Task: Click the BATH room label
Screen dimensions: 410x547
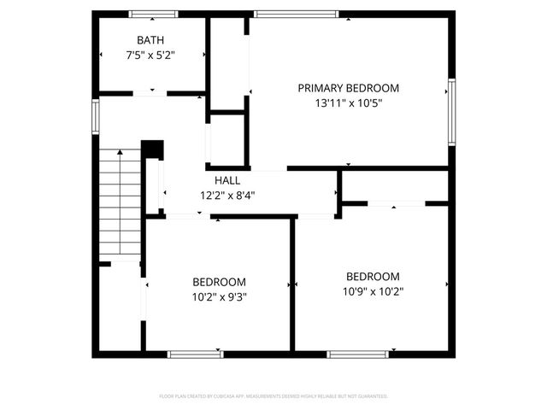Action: [x=150, y=40]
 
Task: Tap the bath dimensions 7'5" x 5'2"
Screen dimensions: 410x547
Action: [x=151, y=56]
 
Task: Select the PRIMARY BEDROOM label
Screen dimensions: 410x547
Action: [x=348, y=88]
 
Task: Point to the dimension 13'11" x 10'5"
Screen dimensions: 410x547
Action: [x=348, y=103]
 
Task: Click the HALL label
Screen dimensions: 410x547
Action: [x=227, y=181]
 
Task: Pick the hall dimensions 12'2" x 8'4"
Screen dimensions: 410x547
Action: [x=227, y=195]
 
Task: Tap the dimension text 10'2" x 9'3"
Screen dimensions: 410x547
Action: [x=219, y=297]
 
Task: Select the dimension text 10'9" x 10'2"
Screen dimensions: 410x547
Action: [x=373, y=291]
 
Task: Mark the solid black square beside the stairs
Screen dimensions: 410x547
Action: [x=152, y=149]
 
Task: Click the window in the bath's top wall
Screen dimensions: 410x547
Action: [x=153, y=14]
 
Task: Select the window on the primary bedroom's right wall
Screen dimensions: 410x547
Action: [x=450, y=112]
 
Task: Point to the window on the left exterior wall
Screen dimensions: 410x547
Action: [x=96, y=115]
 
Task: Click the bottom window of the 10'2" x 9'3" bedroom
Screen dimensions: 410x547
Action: [x=194, y=354]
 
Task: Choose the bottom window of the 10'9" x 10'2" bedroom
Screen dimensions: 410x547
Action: [x=359, y=354]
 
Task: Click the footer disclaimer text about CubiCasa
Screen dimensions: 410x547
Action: [x=273, y=396]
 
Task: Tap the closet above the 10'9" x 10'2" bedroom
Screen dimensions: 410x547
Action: [x=395, y=185]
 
